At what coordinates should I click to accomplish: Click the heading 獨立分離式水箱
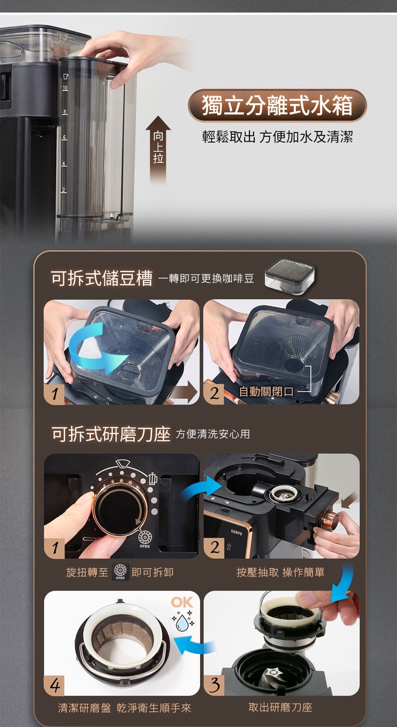277,106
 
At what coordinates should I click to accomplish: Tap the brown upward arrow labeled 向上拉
158,150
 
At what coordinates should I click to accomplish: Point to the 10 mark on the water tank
65,88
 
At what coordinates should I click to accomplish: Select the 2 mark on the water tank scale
64,190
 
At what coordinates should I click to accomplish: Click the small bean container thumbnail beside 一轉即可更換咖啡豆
290,277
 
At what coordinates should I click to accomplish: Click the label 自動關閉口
266,392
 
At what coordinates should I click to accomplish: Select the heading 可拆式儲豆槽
102,278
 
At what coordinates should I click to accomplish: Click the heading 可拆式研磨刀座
111,434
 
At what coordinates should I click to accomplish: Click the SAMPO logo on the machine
237,532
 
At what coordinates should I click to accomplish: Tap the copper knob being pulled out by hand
330,519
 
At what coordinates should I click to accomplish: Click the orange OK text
182,602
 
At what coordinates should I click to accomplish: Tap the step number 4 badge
54,686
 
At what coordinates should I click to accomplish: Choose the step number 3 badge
214,685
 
